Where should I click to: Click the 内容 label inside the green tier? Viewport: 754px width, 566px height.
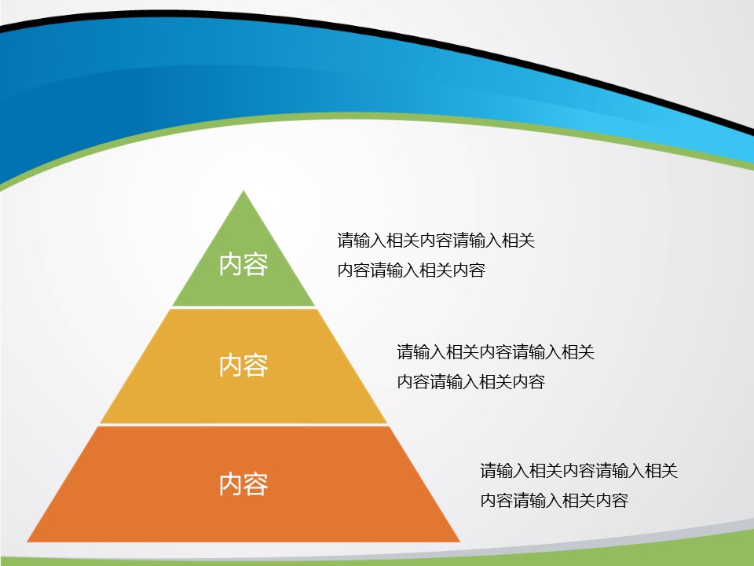point(243,265)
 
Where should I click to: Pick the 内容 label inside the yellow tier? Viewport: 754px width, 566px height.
point(243,366)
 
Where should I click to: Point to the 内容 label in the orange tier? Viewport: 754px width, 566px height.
point(243,484)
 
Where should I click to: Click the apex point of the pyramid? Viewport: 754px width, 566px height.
point(243,191)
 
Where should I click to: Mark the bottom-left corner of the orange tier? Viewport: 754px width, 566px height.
point(27,542)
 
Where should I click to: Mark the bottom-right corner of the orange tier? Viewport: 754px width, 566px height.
point(459,542)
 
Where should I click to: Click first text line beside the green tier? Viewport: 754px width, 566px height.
point(436,241)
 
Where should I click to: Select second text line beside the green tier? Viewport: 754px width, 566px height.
point(411,270)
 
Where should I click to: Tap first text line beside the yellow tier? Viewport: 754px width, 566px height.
point(496,352)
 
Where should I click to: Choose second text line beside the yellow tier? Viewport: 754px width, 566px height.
point(470,382)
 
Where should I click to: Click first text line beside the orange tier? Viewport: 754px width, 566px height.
point(579,470)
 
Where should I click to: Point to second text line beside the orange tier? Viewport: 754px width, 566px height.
point(554,500)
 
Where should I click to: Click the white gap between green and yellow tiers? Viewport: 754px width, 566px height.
point(243,307)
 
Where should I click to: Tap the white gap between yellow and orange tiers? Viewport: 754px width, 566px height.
point(243,425)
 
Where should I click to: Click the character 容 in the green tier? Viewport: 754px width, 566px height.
point(256,265)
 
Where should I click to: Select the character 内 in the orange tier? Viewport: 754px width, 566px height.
point(231,484)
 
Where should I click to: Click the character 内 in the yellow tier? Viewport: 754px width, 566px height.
point(231,366)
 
